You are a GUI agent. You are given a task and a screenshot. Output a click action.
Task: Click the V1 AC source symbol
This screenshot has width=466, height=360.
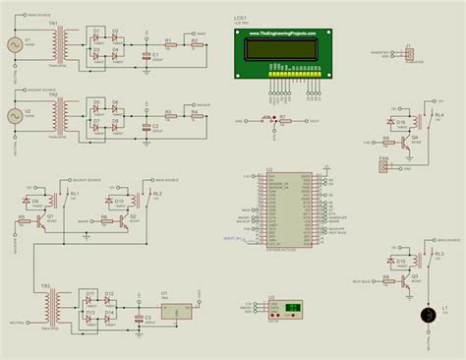[x=15, y=44]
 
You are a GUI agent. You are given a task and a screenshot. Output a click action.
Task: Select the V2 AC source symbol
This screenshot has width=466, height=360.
[x=15, y=115]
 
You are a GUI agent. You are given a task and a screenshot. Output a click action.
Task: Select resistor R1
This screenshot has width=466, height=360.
[x=169, y=44]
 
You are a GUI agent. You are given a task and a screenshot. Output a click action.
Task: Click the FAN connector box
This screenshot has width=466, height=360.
[x=383, y=166]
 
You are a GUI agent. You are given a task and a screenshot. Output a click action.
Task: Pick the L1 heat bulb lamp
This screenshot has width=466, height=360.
[x=428, y=315]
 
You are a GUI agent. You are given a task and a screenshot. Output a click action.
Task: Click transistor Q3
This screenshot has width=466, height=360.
[x=414, y=281]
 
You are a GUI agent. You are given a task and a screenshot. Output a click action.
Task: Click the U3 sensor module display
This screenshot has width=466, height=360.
[x=291, y=311]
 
